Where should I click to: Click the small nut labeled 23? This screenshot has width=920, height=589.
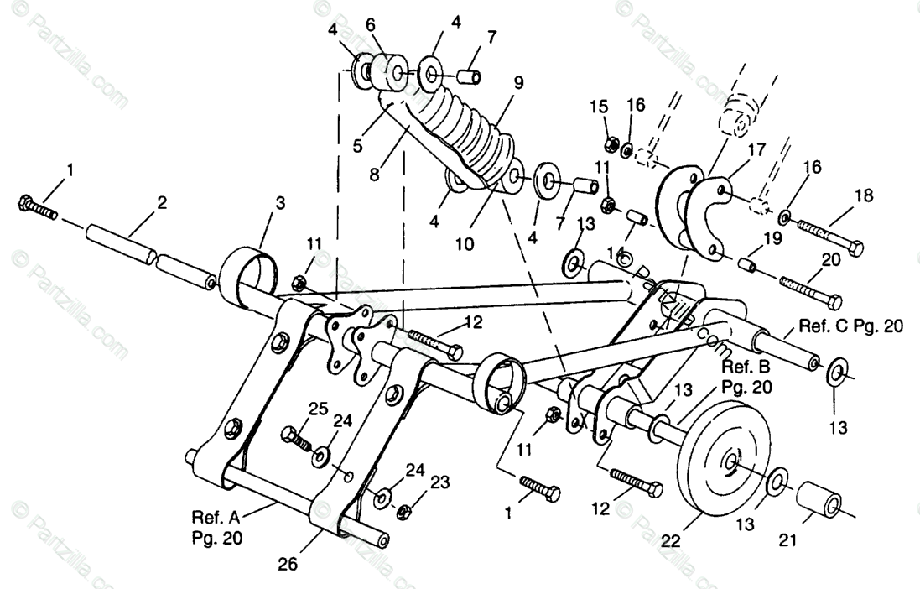pyautogui.click(x=403, y=510)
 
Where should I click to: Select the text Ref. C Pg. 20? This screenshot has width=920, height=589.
pyautogui.click(x=850, y=326)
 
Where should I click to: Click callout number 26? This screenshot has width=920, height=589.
pyautogui.click(x=288, y=564)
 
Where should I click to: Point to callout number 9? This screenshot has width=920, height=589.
pyautogui.click(x=518, y=82)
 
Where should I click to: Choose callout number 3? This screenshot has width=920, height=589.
pyautogui.click(x=280, y=203)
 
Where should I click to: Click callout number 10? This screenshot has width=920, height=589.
pyautogui.click(x=464, y=244)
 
